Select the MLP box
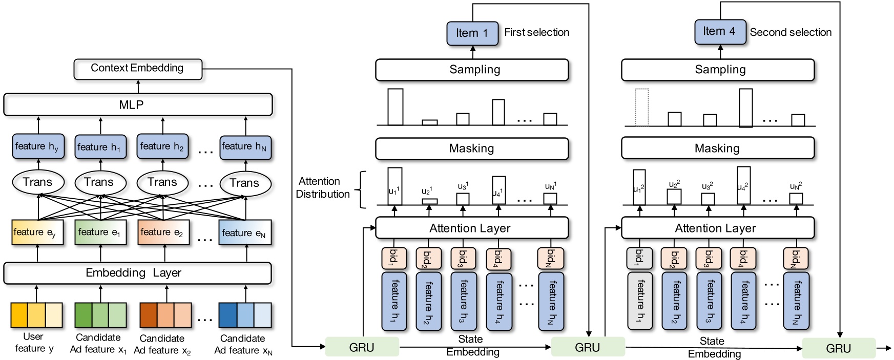click(x=138, y=104)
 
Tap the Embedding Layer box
click(x=137, y=273)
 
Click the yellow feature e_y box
click(x=37, y=232)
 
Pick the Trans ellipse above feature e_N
click(x=245, y=183)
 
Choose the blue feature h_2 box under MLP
click(x=162, y=146)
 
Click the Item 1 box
click(x=472, y=33)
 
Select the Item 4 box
click(x=720, y=32)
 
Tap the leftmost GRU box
click(x=362, y=347)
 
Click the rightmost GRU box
click(x=838, y=348)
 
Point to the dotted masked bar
click(x=641, y=107)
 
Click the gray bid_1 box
click(x=639, y=258)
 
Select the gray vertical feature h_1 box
click(x=640, y=301)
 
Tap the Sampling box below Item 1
click(x=472, y=70)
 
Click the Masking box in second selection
click(x=717, y=149)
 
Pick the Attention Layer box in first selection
click(x=472, y=228)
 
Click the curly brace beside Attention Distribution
click(x=362, y=189)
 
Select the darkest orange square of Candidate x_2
click(x=149, y=315)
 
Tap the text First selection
click(x=536, y=32)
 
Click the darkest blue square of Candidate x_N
click(x=227, y=315)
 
